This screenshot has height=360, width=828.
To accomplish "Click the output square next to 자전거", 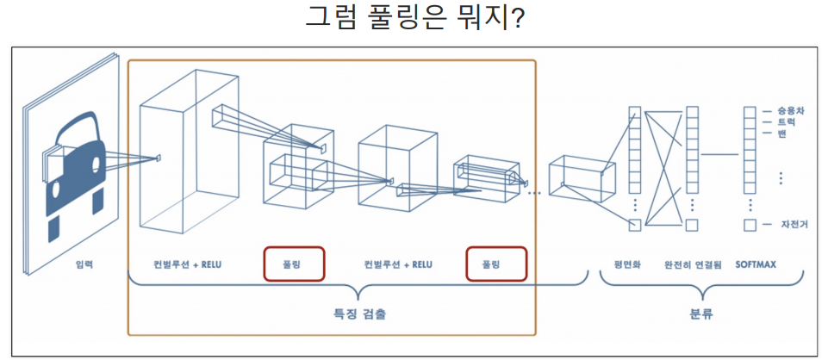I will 749,225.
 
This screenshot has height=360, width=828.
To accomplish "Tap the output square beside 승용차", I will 749,111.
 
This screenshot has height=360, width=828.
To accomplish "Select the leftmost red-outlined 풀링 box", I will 294,264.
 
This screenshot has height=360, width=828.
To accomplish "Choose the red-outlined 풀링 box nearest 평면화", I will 496,264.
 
